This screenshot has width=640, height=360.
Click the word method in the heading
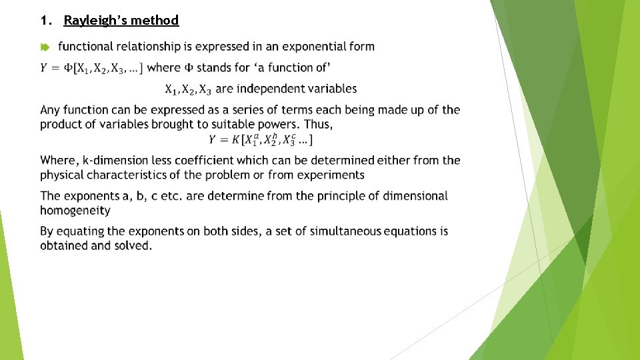click(155, 20)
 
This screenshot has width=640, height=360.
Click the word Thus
click(319, 124)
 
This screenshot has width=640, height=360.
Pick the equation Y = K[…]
click(260, 139)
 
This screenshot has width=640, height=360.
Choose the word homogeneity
click(75, 210)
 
